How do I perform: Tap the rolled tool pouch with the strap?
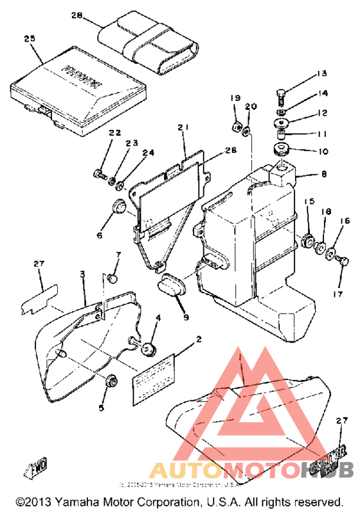pos(148,44)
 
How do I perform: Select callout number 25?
pos(29,39)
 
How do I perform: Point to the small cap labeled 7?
pos(113,278)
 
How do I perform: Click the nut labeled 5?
pos(112,381)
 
